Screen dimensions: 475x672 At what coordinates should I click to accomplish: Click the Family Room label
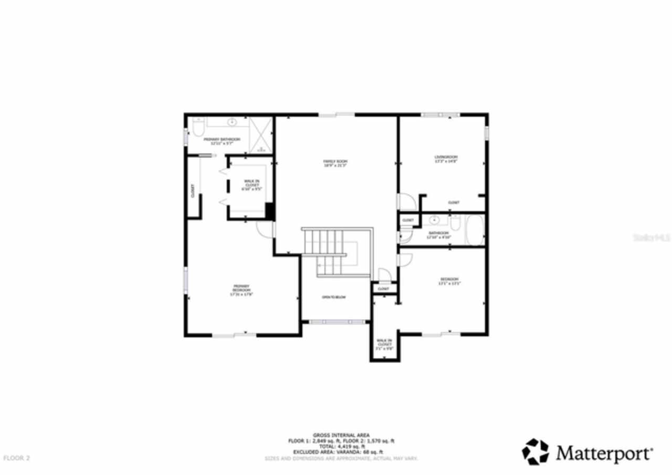[335, 163]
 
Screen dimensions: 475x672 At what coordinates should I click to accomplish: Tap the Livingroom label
[446, 159]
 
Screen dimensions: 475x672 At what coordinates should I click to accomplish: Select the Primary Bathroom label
[222, 141]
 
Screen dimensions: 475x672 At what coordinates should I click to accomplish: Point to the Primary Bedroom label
[241, 290]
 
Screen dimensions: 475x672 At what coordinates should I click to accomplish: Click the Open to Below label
[334, 297]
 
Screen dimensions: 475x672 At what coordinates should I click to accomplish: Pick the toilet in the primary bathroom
[197, 128]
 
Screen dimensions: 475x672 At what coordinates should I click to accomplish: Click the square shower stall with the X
[261, 136]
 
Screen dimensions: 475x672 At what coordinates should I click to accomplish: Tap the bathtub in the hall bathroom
[476, 231]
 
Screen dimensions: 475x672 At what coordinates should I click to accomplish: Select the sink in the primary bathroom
[232, 123]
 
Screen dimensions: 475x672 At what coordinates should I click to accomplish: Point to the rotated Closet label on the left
[193, 191]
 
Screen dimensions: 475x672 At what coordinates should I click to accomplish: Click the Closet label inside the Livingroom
[454, 202]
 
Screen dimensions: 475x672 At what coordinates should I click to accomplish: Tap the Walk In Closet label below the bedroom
[384, 345]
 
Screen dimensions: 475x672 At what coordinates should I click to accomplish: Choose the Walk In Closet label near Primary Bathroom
[251, 185]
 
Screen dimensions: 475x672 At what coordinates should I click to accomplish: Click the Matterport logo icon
[535, 452]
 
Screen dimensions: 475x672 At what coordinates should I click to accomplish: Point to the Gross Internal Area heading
[341, 435]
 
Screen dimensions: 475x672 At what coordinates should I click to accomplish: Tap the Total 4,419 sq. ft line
[341, 447]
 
